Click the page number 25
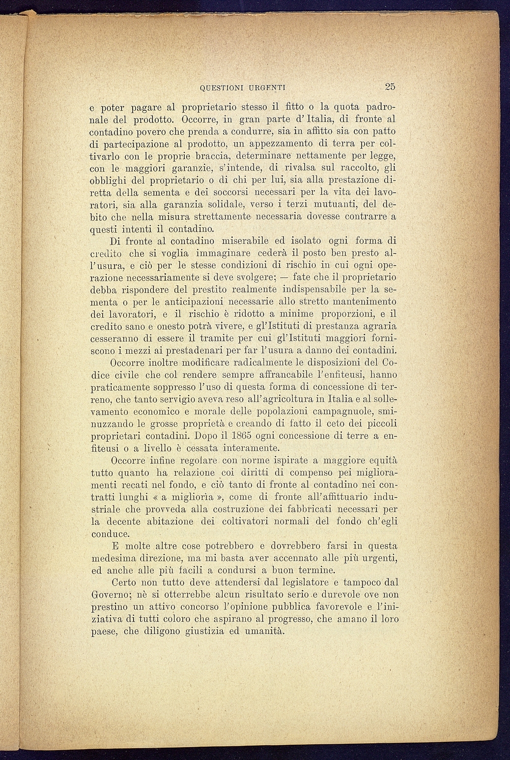click(x=390, y=87)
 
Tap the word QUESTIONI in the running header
click(x=223, y=88)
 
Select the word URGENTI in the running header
click(x=267, y=88)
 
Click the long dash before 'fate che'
click(x=283, y=278)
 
